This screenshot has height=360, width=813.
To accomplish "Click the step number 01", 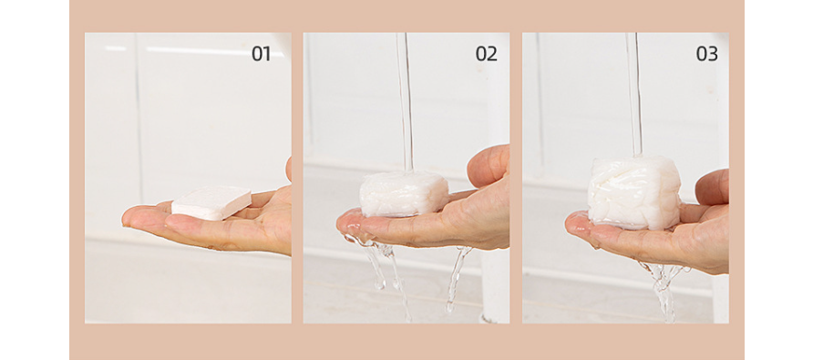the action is coord(261,54).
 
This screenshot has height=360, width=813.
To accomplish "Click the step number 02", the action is coord(487,54).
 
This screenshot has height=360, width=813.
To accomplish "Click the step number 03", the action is coord(706,54).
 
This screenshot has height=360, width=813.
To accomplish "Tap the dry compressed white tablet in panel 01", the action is coord(211,203).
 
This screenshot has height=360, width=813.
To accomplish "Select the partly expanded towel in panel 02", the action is coord(404,193).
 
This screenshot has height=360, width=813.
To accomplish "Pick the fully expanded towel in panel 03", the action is coord(634,192).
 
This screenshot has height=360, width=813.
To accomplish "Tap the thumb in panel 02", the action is coord(488,167).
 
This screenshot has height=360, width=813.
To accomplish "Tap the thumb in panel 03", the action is coord(712,187).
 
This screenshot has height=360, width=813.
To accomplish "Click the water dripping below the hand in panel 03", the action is coord(664,291).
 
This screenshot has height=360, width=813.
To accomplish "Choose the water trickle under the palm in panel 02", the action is coord(458,279).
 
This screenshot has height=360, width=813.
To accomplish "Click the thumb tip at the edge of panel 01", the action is coord(288,170).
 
